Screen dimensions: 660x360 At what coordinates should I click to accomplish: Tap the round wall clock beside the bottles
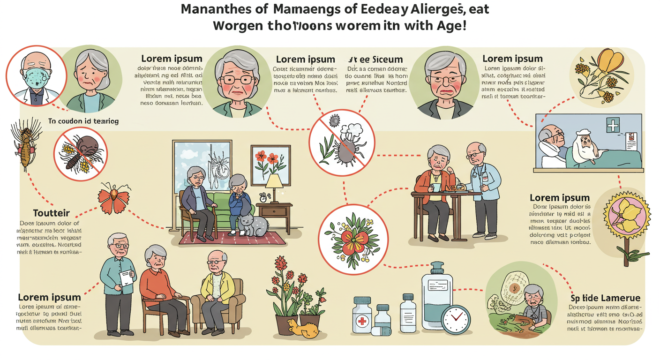455,319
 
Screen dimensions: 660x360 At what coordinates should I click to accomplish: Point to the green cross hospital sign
613,125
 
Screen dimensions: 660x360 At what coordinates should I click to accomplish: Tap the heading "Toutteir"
52,213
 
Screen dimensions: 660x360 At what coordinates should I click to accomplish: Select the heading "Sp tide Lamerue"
605,298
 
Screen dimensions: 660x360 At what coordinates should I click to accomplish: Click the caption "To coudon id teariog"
83,121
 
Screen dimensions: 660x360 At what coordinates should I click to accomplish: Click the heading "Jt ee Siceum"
375,60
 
